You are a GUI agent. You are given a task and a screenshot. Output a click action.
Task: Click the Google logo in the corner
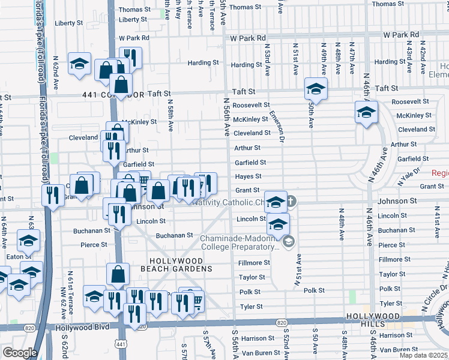(x=20, y=353)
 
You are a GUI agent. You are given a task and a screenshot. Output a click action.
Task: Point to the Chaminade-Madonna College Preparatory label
(x=240, y=242)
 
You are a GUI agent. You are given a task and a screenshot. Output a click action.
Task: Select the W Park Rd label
(x=248, y=38)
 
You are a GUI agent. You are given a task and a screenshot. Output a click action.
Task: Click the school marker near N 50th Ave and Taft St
(x=315, y=89)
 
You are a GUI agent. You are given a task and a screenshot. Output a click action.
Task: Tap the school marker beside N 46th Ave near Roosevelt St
(x=366, y=112)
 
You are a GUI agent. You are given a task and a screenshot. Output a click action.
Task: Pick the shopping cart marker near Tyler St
(x=196, y=300)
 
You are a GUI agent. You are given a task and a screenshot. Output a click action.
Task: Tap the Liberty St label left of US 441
(x=68, y=23)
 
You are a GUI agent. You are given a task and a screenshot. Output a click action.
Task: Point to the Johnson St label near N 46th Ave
(x=396, y=201)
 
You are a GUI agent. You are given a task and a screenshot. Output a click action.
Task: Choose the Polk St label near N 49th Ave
(x=314, y=290)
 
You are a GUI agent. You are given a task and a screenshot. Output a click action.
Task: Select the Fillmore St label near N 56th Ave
(x=254, y=263)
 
